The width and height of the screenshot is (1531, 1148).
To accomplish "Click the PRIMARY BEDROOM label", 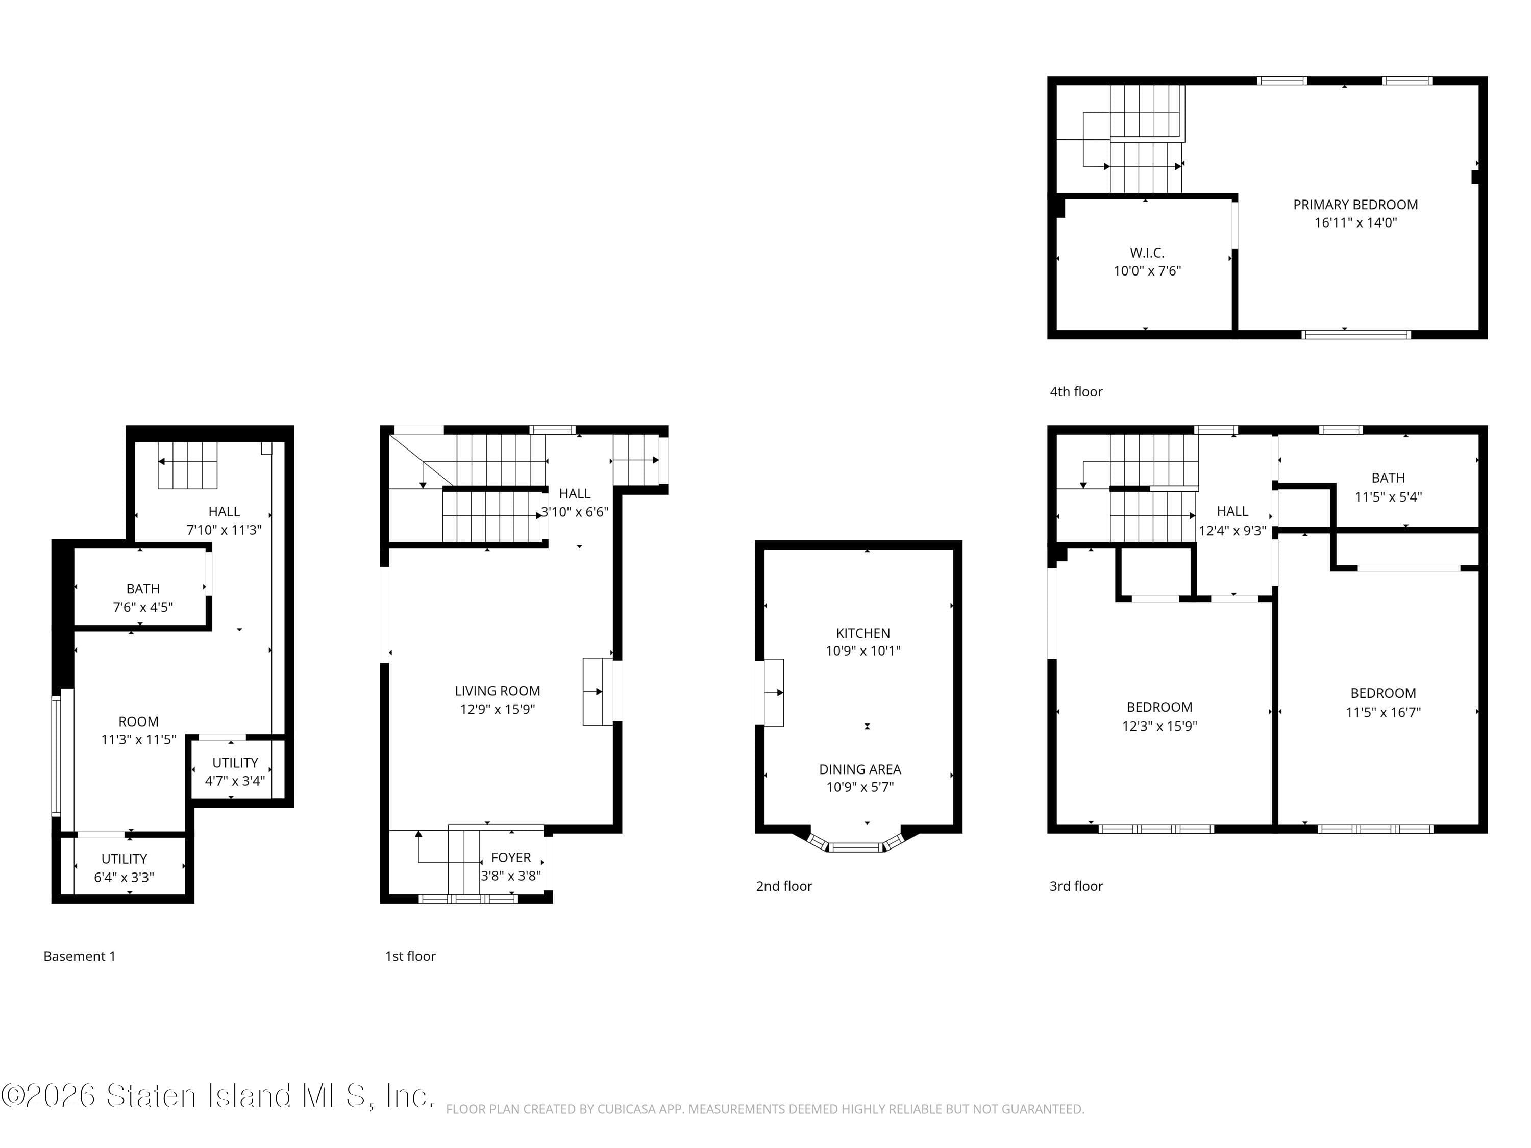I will [1355, 205].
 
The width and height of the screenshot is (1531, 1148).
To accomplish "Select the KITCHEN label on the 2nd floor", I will [862, 633].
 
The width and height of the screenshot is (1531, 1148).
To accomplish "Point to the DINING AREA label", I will [859, 769].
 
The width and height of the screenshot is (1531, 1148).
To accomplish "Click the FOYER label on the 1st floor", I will [511, 857].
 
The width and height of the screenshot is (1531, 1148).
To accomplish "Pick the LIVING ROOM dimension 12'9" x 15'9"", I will [497, 709].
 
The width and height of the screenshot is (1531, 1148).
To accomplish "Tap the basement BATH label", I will [142, 589].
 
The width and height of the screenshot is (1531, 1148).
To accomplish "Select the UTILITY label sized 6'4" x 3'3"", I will [124, 859].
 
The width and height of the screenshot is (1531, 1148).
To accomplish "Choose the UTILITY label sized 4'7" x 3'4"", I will [235, 763].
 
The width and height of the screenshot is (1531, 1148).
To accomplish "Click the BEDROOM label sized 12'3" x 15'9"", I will [1159, 707].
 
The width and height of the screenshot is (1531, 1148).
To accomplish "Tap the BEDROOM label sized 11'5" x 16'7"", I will [1383, 693].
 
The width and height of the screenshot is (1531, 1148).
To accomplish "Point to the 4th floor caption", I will [1076, 392].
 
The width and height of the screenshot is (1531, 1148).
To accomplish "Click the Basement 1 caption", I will [79, 956].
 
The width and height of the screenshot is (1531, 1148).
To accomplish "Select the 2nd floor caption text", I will [783, 886].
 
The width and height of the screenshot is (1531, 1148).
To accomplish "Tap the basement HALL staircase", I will [188, 464].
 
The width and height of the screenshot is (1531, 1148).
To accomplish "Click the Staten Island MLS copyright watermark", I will [217, 1095].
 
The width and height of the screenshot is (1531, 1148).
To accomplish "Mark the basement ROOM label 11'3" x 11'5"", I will [138, 722].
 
